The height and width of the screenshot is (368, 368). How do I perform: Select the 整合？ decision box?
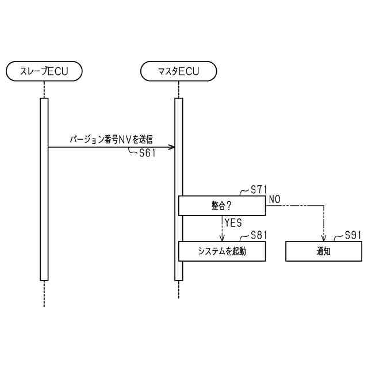coord(221,205)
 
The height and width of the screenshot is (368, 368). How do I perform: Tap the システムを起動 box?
coord(221,251)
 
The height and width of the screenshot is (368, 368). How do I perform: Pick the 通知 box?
coord(324,251)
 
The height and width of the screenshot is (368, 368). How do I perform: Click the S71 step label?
coord(259,189)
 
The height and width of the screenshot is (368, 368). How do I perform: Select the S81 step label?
coord(259,235)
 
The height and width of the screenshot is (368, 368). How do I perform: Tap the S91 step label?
coord(354,235)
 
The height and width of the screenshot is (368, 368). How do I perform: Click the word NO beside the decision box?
coord(274,199)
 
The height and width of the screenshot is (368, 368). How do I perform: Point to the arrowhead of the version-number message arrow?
coord(172,147)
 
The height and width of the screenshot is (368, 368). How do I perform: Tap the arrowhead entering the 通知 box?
coord(324,239)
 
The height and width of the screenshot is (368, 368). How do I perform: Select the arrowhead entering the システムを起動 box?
coord(221,239)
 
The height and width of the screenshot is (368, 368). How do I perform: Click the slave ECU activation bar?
coord(44,190)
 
